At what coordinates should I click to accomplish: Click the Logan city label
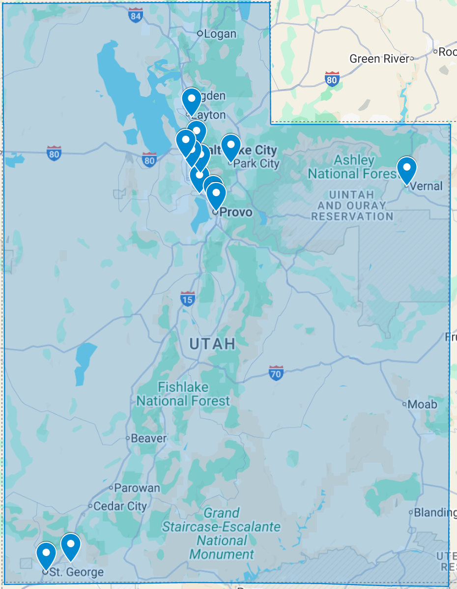220,34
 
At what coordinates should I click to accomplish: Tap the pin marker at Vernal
407,169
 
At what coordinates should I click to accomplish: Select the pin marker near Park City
230,146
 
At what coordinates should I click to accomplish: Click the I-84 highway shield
136,16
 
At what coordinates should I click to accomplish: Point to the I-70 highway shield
276,372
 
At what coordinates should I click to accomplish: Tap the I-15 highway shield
187,298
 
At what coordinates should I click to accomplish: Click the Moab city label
422,404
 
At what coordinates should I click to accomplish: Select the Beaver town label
149,438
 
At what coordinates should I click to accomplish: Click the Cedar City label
120,506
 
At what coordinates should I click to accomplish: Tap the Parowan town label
137,488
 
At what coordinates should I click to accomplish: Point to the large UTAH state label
212,344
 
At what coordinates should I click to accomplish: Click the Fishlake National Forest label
183,394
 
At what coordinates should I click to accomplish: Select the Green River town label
379,59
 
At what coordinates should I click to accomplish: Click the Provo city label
235,212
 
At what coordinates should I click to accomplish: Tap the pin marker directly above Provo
216,195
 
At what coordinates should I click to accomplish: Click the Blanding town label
434,512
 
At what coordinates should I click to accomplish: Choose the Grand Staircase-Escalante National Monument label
222,534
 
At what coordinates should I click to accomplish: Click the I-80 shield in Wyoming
333,79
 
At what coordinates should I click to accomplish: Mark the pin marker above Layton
192,100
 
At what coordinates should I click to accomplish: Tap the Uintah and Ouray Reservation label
352,206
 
